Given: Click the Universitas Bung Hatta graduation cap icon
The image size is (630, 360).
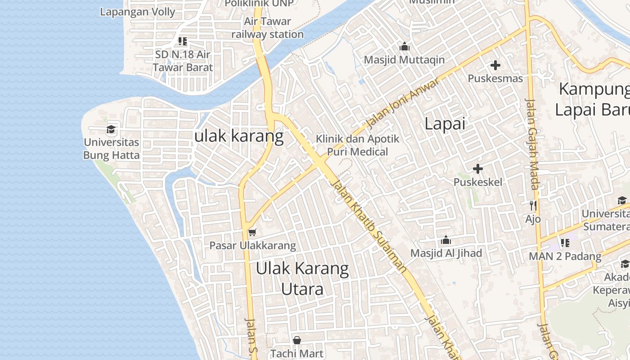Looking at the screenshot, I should pyautogui.click(x=111, y=130).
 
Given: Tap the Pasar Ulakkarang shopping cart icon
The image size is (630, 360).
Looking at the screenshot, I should pyautogui.click(x=252, y=232).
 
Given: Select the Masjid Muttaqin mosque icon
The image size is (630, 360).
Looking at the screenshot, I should pyautogui.click(x=404, y=46).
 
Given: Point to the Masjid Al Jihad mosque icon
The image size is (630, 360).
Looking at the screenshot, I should pyautogui.click(x=446, y=240).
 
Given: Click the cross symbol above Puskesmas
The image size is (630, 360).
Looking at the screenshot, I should pyautogui.click(x=495, y=65).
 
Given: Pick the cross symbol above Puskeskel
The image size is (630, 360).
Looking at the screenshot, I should pyautogui.click(x=478, y=169).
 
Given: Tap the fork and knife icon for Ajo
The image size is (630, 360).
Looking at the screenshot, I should pyautogui.click(x=533, y=206).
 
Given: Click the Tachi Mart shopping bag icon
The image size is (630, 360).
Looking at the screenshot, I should pyautogui.click(x=297, y=340).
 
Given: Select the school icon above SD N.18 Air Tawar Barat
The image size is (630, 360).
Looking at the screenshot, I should pyautogui.click(x=182, y=41).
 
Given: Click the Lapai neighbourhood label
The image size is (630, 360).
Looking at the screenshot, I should pyautogui.click(x=445, y=124).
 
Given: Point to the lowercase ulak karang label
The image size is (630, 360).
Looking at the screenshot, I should pyautogui.click(x=239, y=136).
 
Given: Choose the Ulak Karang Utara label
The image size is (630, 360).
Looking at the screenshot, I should pyautogui.click(x=302, y=279).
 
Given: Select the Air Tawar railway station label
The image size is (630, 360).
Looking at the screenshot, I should pyautogui.click(x=267, y=27).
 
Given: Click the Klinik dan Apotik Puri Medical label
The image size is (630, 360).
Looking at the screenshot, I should pyautogui.click(x=357, y=145).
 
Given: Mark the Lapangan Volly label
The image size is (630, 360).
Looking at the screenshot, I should pyautogui.click(x=137, y=12).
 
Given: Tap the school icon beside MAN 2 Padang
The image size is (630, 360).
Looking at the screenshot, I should pyautogui.click(x=565, y=243).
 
